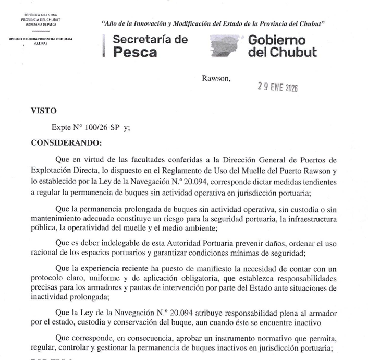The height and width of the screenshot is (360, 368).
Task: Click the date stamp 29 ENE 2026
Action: [277, 88]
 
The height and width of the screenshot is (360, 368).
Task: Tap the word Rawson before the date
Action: [215, 78]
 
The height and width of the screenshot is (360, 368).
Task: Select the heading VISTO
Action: [44, 111]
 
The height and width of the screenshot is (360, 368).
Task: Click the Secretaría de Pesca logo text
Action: [150, 46]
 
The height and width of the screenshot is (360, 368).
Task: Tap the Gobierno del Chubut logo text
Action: [282, 46]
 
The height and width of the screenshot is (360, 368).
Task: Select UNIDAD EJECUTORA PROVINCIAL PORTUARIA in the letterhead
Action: [41, 39]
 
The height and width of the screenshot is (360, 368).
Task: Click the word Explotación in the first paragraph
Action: [53, 170]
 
